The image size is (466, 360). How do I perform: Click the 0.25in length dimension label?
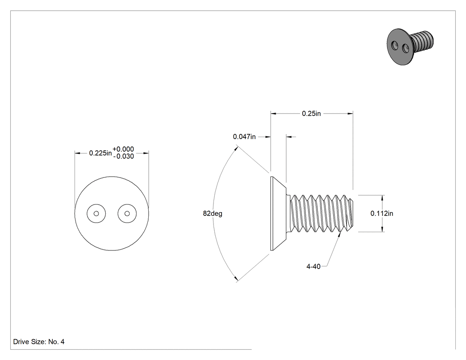coord(311,114)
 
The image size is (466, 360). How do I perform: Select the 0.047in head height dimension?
coord(244,137)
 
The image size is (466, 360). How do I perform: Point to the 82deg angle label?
coord(213,214)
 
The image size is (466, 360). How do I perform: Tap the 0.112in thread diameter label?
coord(382,214)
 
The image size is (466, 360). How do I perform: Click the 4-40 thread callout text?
coord(313,266)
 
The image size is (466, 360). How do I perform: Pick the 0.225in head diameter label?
coord(100,153)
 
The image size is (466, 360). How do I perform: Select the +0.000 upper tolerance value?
coord(123,149)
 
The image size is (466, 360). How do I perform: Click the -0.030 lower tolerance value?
coord(124,156)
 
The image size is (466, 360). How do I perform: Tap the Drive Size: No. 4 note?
coord(39,341)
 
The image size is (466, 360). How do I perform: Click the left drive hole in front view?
coord(96,214)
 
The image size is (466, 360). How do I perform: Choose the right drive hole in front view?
coord(127,214)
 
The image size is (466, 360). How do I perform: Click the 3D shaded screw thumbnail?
coord(410,46)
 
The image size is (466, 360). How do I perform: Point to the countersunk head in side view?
coord(278,214)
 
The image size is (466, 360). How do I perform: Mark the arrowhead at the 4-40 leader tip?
coord(340,235)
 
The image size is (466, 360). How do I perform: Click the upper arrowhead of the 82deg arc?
coord(236,148)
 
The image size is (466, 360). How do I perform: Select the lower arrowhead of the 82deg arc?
coord(236,279)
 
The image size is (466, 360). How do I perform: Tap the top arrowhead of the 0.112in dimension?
coord(383,198)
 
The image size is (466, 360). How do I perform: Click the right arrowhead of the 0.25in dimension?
coord(350,114)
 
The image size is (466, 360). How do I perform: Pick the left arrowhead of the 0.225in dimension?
coord(78,153)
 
